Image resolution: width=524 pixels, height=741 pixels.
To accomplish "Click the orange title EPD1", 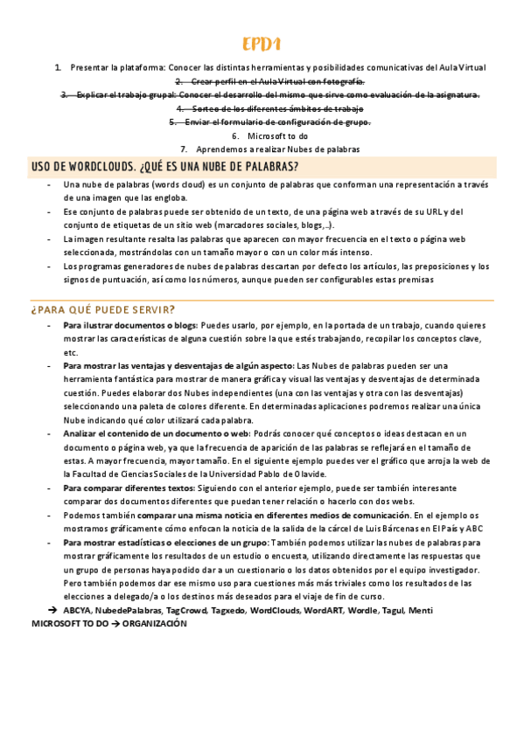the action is tap(262, 45).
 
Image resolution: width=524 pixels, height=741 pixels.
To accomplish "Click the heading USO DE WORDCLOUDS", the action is tap(164, 167).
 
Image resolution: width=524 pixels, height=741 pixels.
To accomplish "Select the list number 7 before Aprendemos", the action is tap(184, 149).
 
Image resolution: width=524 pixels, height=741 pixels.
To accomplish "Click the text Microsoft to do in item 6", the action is tap(277, 135).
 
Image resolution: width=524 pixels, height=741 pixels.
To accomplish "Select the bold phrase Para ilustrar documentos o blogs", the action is tap(130, 325).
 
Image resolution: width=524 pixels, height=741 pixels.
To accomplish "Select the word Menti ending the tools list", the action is tap(420, 610).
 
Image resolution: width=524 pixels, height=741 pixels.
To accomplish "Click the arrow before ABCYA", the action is tap(53, 610).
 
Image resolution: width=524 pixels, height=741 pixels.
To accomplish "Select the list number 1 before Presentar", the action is tap(58, 66).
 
